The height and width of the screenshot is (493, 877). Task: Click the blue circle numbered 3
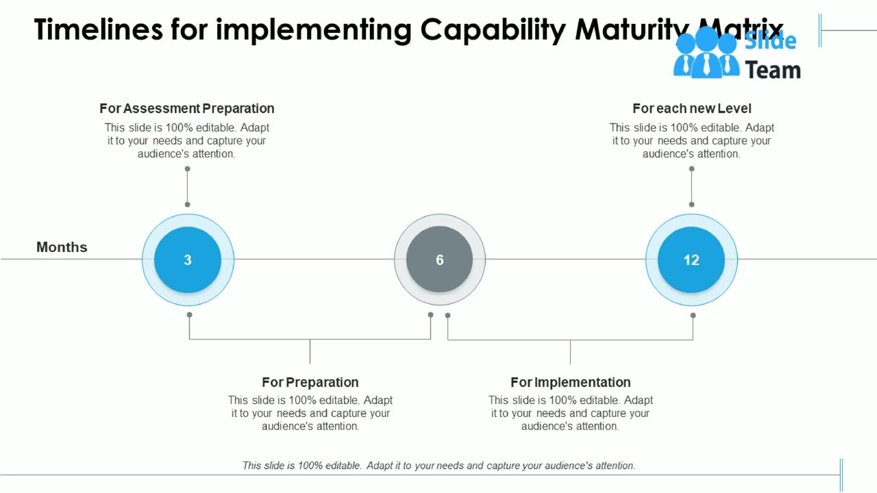point(188,260)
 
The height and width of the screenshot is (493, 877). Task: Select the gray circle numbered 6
point(439,260)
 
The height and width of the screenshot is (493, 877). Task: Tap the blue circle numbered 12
point(691,260)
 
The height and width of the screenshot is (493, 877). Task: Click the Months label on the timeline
point(62,247)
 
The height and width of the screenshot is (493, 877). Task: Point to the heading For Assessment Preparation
point(187,108)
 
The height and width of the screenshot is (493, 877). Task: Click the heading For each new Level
point(691,108)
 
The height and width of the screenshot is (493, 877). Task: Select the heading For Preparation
point(310,382)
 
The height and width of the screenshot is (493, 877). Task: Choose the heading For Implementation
point(570,382)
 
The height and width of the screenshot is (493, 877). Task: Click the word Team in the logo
point(773,70)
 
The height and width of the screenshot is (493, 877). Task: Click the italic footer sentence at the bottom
point(439,466)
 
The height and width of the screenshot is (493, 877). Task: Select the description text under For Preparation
point(310,413)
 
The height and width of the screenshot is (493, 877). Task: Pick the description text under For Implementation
point(570,413)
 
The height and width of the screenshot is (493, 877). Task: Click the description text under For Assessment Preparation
point(187,140)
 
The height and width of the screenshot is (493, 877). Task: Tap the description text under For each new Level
point(691,140)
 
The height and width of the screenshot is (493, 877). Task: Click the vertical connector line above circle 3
point(187,186)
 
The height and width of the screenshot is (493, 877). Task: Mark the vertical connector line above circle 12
point(691,186)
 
